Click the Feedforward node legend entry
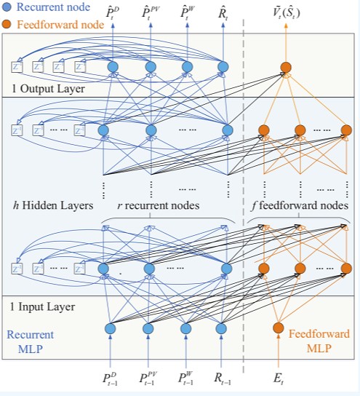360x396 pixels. point(52,23)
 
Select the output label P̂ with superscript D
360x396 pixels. point(114,12)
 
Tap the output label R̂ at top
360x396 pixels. point(223,12)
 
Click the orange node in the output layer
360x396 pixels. point(286,68)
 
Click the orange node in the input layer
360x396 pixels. point(278,328)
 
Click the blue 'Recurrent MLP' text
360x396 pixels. point(30,342)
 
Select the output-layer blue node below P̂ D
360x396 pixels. point(113,68)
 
